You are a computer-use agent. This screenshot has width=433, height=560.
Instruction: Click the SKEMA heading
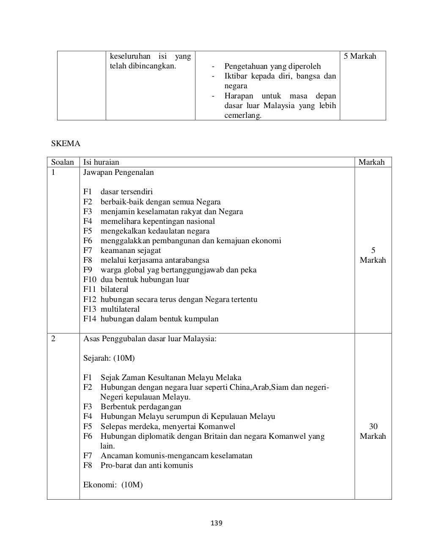[66, 144]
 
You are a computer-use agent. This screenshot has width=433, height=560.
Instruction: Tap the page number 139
[216, 523]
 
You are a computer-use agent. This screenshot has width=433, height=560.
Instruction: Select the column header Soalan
[63, 162]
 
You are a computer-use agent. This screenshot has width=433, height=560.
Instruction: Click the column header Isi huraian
[101, 162]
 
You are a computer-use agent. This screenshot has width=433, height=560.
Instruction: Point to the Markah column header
[371, 162]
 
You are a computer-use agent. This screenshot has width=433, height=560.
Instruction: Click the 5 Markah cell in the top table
[360, 56]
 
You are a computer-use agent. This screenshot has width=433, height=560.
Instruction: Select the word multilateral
[120, 309]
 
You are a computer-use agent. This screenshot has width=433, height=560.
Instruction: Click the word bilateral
[114, 289]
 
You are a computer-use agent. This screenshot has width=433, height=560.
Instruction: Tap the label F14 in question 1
[90, 319]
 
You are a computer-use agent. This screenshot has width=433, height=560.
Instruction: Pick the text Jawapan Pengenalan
[118, 172]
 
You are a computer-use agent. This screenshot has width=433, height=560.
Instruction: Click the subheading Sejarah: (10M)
[109, 358]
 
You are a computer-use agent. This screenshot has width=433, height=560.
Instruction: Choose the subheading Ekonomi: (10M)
[113, 485]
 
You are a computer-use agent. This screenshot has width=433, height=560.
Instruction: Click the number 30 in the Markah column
[373, 427]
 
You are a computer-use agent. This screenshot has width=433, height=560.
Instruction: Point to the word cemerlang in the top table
[243, 115]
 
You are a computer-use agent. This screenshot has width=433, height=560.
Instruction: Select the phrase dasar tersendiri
[126, 192]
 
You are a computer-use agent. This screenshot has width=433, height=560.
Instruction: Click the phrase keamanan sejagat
[130, 250]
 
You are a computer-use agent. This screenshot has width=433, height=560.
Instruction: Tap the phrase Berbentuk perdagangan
[141, 407]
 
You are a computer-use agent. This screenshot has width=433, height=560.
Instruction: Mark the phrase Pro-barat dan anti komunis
[147, 465]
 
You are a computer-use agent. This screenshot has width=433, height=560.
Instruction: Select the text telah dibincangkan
[143, 66]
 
